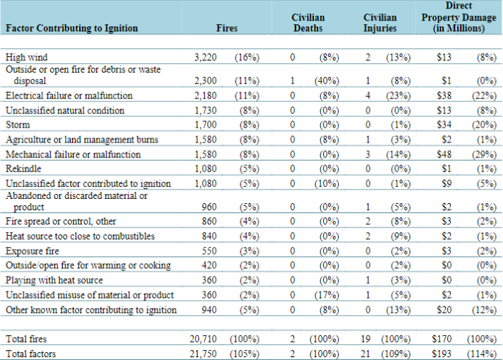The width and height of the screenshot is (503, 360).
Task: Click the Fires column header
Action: [x=227, y=29]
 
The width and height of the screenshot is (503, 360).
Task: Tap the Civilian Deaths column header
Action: [x=308, y=23]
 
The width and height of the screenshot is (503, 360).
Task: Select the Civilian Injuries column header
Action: [x=380, y=23]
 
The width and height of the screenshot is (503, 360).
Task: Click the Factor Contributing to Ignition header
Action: [x=72, y=29]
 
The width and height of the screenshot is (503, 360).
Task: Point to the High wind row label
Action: [x=26, y=57]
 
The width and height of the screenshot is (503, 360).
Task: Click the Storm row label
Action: [x=18, y=124]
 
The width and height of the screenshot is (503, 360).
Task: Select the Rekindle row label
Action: [x=24, y=169]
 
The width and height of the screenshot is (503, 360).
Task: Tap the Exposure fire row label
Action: [x=32, y=251]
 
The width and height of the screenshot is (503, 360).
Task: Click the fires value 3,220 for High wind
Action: [x=205, y=57]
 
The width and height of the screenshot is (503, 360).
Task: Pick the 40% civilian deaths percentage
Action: [x=327, y=81]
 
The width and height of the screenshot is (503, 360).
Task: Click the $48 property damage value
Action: [x=444, y=154]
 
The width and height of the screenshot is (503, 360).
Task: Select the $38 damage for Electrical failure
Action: [x=444, y=96]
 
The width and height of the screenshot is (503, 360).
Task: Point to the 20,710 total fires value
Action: [x=203, y=339]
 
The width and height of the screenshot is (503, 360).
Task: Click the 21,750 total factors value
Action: [x=203, y=354]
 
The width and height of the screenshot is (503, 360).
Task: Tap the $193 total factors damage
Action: [x=442, y=354]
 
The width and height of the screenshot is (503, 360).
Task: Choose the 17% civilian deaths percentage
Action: [x=327, y=295]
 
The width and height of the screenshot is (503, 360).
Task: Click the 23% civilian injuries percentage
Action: [x=398, y=96]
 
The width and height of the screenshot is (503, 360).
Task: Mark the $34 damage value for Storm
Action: [x=444, y=124]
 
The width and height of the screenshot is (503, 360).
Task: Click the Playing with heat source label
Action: [x=54, y=280]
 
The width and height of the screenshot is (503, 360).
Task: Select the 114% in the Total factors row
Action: [x=482, y=354]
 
